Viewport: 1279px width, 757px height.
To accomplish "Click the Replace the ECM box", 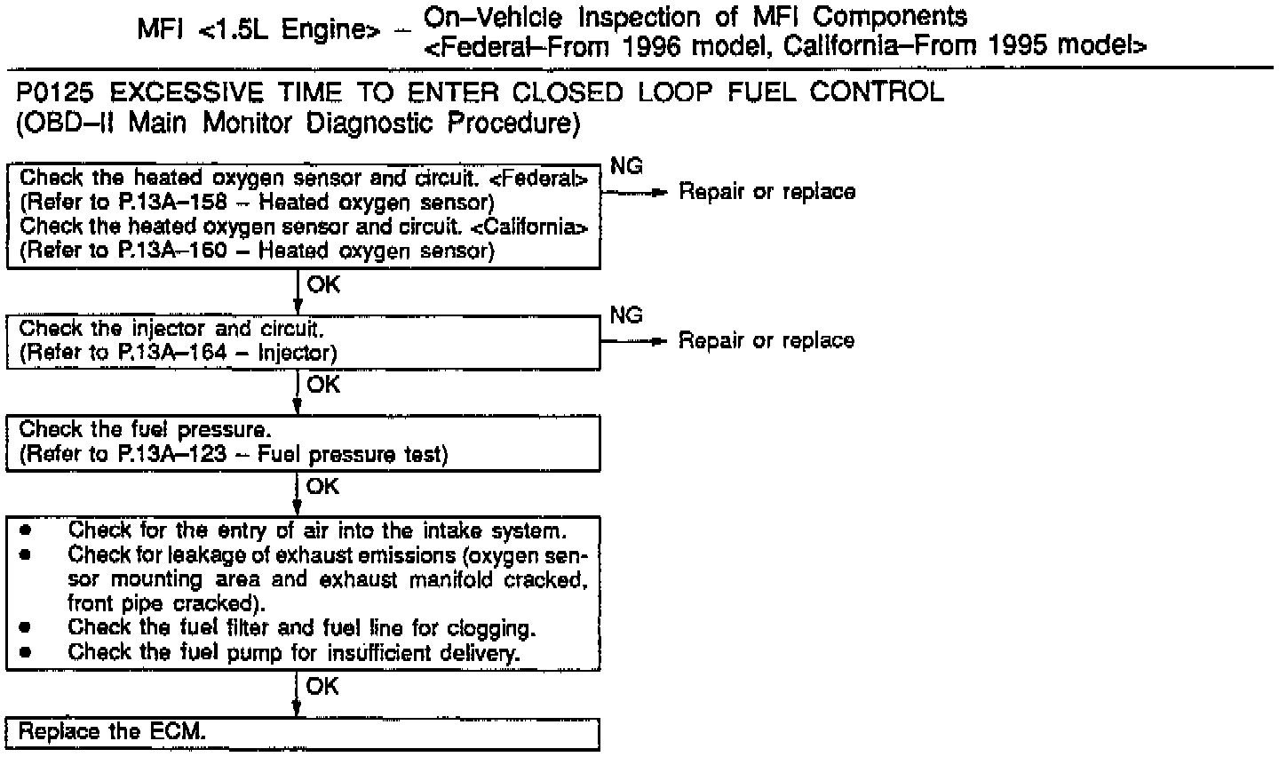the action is [302, 733].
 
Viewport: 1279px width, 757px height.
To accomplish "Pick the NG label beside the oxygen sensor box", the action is [626, 166].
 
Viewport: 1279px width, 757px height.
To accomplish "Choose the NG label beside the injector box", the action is [626, 315].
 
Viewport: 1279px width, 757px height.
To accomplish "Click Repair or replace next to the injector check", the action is [767, 341].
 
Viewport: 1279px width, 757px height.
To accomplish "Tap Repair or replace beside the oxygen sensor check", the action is [767, 192].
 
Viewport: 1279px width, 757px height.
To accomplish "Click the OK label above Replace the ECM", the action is [322, 687].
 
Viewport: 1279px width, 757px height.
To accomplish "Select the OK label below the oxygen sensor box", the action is [322, 285].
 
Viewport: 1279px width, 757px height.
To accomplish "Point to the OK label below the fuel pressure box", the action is [322, 486].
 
